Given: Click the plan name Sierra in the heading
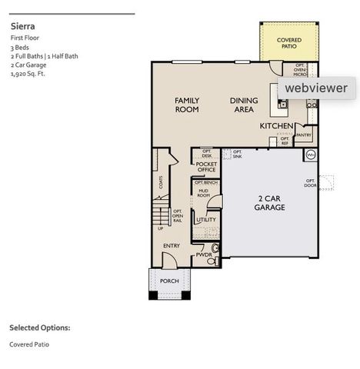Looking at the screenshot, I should coord(22,25).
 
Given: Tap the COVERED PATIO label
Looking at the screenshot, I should coord(289,42).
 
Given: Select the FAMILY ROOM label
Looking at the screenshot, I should coord(186,105).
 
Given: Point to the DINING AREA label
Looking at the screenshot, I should coord(244,105).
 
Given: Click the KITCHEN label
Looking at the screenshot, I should coord(275,125).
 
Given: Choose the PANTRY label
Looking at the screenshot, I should coord(303,135).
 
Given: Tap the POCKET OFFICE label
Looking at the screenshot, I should coord(206,167).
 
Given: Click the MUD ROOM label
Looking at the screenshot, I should coord(204,193).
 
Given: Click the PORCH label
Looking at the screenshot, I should coord(169,281).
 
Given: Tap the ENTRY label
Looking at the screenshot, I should coord(172,245).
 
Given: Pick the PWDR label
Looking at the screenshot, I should coord(203,254).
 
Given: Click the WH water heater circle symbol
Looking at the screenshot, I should coord(311,155).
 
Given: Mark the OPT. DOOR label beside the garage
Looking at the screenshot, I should coord(310,183).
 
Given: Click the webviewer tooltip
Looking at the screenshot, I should coord(315,88).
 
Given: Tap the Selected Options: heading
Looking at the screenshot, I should coord(39,327).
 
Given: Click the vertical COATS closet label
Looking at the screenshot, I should coord(160,182).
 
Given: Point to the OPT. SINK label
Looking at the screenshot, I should coord(237,154).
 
